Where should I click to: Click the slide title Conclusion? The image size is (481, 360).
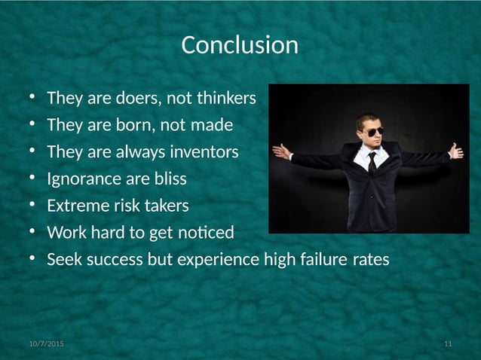[x=240, y=45]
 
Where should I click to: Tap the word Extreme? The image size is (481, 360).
[x=77, y=206]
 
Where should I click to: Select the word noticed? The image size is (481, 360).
[x=208, y=233]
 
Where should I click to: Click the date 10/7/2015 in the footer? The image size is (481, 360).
[x=46, y=344]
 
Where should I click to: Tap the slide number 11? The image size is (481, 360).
[x=448, y=344]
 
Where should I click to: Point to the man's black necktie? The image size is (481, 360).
[x=371, y=161]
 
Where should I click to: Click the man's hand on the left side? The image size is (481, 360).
[x=281, y=151]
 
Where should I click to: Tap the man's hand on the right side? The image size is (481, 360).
[x=456, y=151]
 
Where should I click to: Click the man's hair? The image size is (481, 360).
[x=369, y=119]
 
